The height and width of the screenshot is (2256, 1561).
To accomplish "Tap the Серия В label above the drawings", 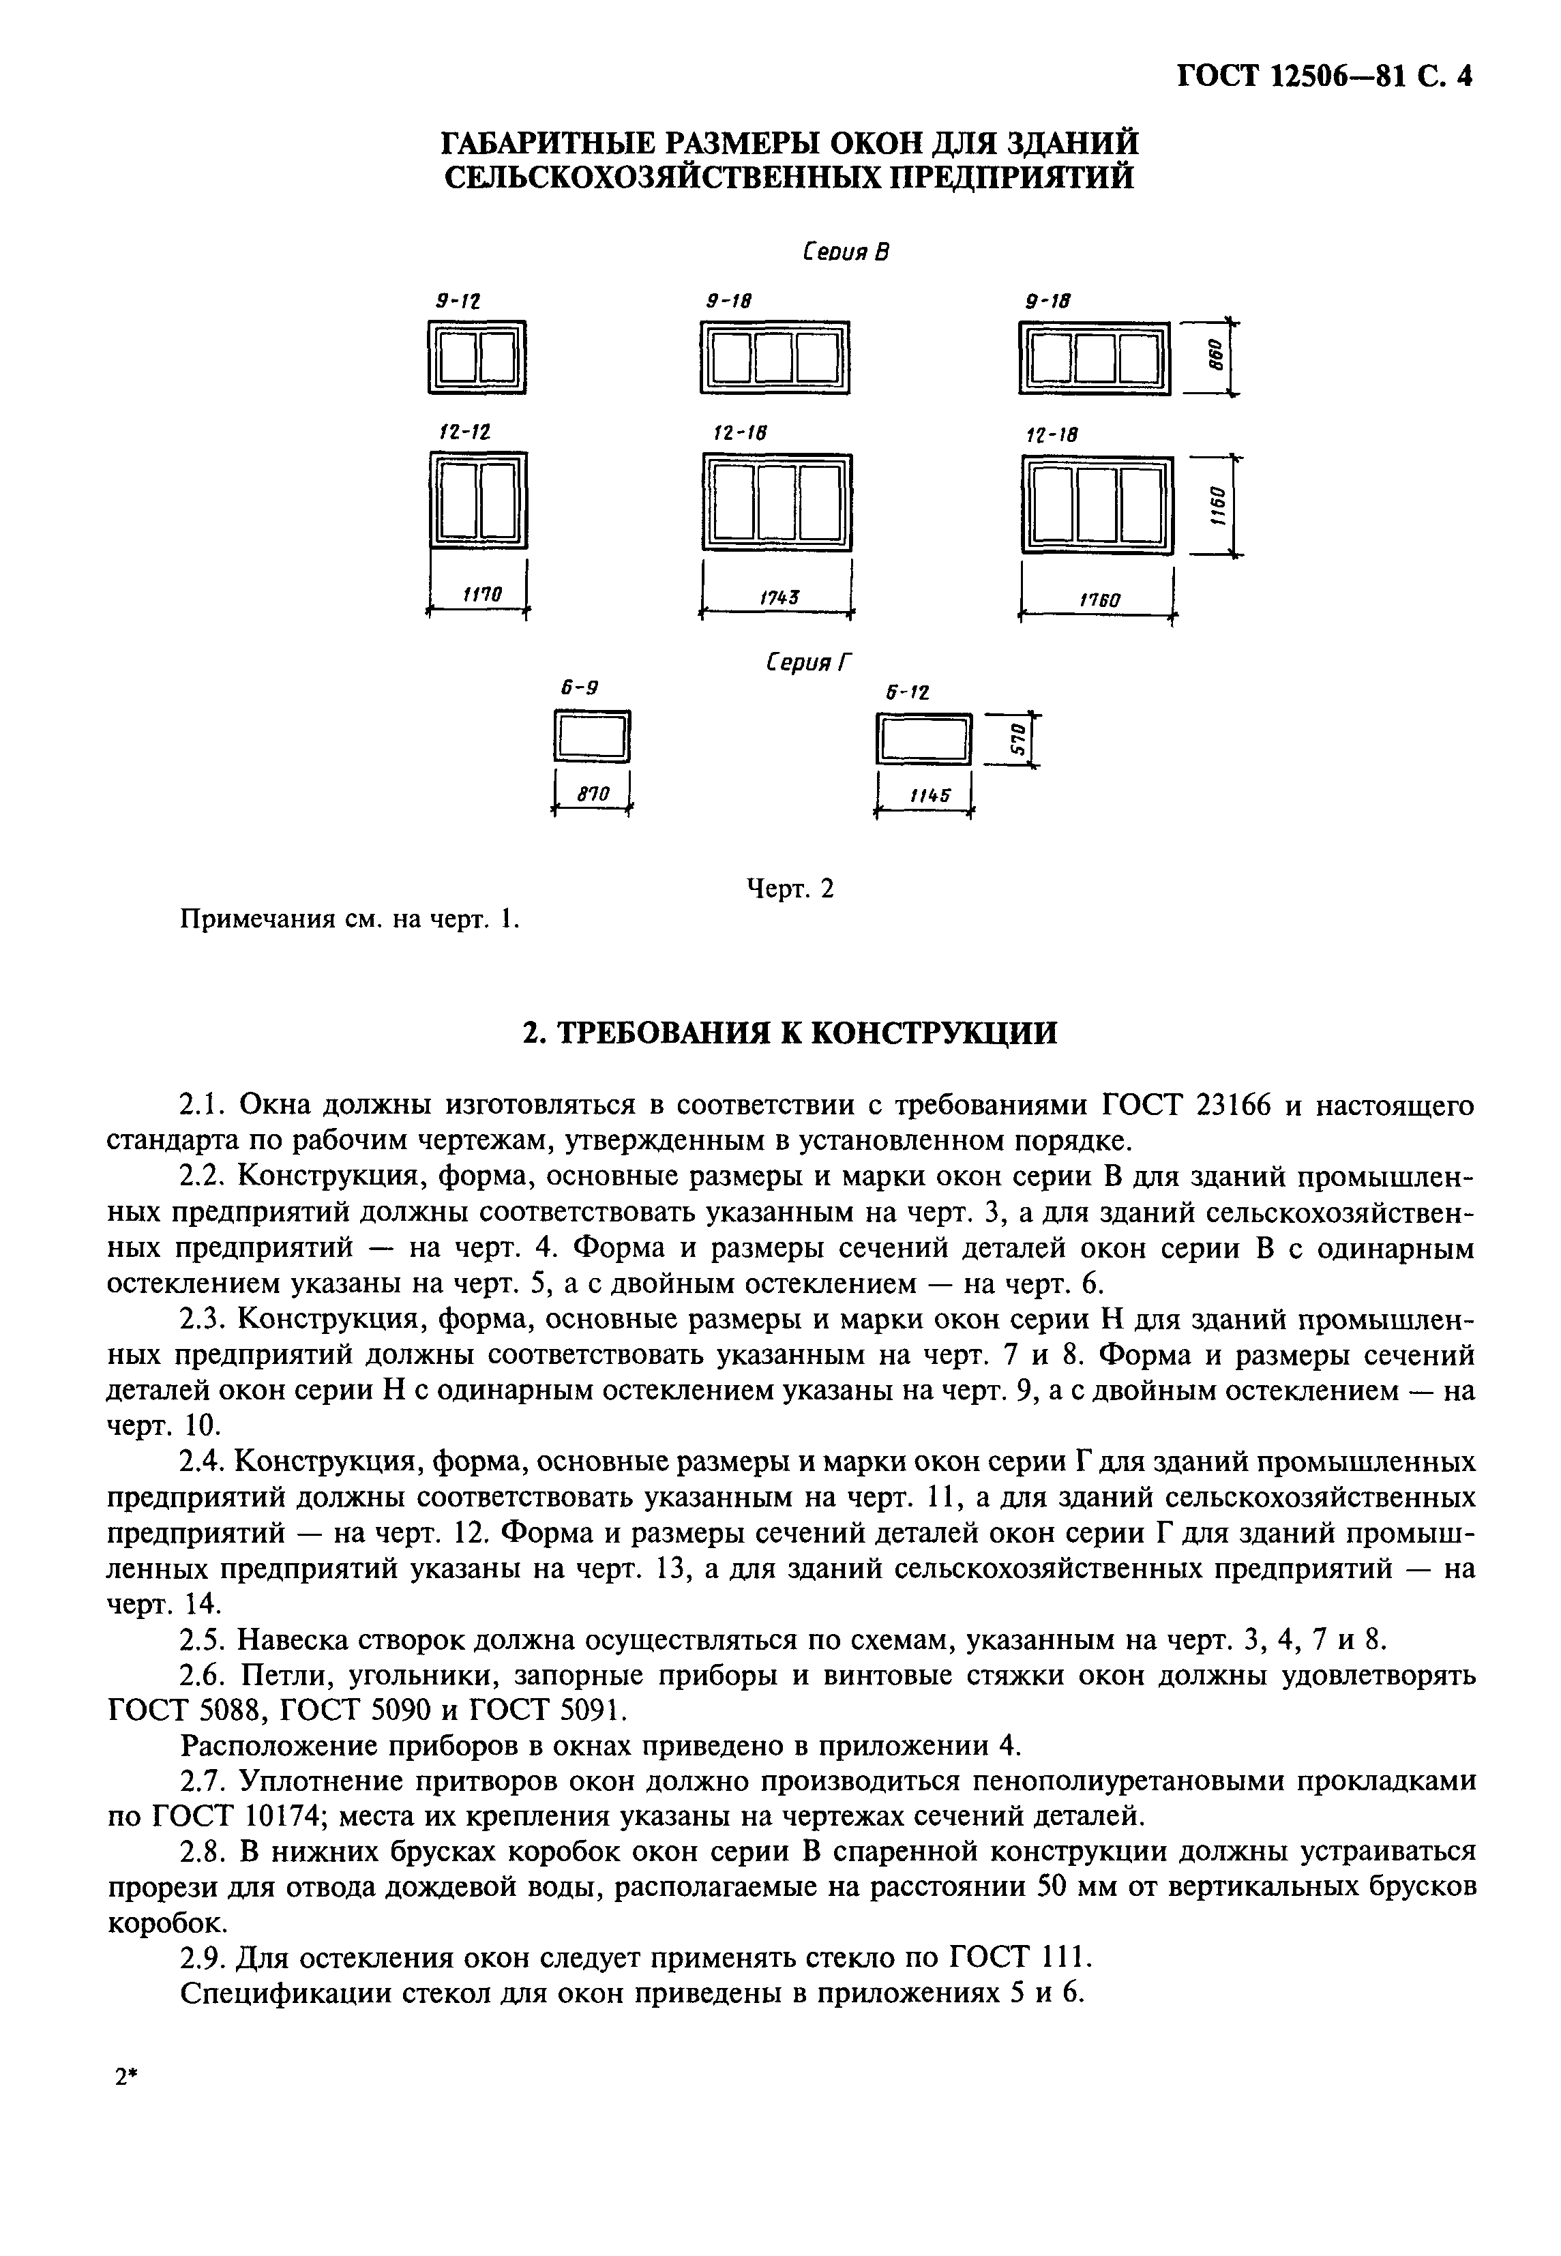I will click(845, 252).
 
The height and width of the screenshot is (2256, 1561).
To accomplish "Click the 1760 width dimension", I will click(1099, 599).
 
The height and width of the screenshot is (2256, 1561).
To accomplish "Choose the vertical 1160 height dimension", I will click(1217, 505).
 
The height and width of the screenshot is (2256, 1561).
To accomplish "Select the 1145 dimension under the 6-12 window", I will click(929, 797).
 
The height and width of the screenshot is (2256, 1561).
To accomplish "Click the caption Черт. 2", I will click(790, 888).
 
